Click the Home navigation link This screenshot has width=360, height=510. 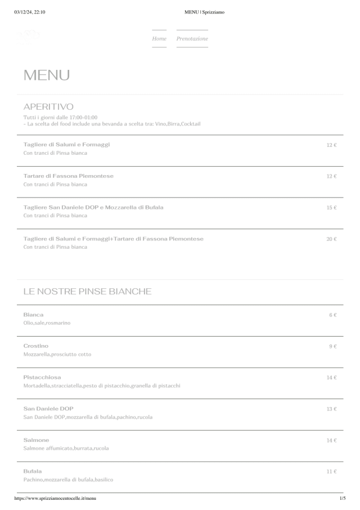coord(159,39)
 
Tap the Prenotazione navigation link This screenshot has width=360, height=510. coord(192,39)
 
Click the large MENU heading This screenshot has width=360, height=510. coord(47,75)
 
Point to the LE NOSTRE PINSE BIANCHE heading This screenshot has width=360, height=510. coord(87,292)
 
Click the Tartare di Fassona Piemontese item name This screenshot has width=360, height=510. coord(68,176)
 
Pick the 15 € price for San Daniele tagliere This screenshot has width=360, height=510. coord(331,208)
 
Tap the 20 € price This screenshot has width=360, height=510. coord(331,239)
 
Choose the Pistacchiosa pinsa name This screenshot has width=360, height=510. coord(42,377)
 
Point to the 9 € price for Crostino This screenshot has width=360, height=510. coord(332,346)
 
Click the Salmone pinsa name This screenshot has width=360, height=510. coord(36,440)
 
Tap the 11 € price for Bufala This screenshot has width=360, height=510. coord(331,472)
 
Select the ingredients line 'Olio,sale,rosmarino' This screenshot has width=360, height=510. coord(47,323)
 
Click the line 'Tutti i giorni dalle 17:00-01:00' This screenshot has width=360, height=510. coord(60,117)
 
